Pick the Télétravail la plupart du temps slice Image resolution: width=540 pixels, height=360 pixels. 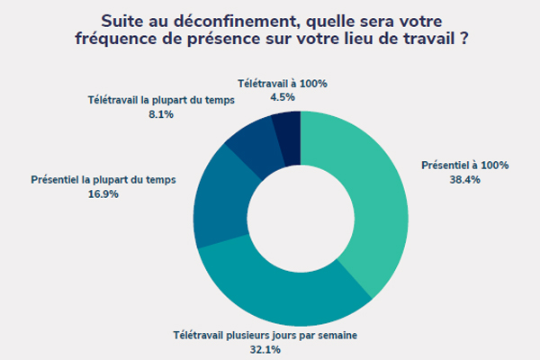(x=248, y=144)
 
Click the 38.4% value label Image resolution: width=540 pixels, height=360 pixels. (x=465, y=180)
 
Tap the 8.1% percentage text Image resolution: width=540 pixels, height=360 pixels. (x=162, y=115)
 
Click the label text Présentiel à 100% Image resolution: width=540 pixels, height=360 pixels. (x=465, y=166)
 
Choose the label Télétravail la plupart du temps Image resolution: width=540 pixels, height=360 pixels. (x=162, y=100)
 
